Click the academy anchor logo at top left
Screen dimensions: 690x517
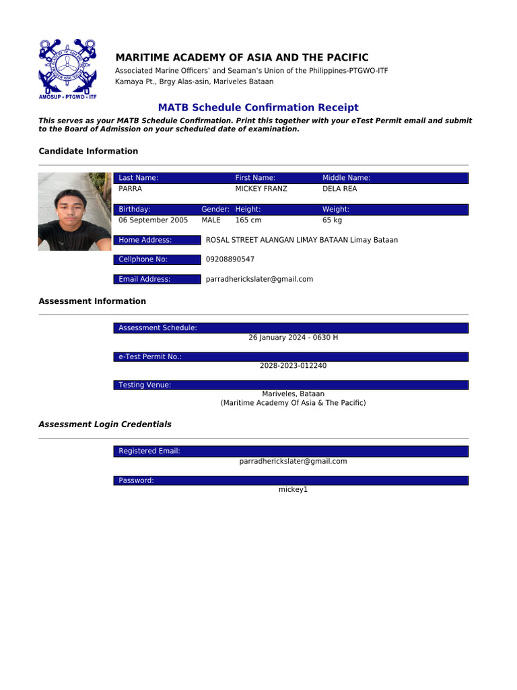pyautogui.click(x=67, y=68)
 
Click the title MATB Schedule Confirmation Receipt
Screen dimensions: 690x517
pyautogui.click(x=258, y=108)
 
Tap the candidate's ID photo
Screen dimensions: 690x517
pyautogui.click(x=75, y=212)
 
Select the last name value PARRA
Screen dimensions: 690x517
pyautogui.click(x=130, y=189)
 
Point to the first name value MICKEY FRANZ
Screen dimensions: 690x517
pyautogui.click(x=261, y=189)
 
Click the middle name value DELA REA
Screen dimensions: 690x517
pyautogui.click(x=339, y=189)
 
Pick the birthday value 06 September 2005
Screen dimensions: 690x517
pyautogui.click(x=153, y=220)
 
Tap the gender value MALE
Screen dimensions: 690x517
pyautogui.click(x=211, y=220)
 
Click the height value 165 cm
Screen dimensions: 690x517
pyautogui.click(x=248, y=220)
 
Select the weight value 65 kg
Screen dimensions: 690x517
pyautogui.click(x=332, y=220)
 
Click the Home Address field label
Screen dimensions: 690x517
pyautogui.click(x=145, y=240)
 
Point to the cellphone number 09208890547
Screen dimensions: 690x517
pyautogui.click(x=230, y=259)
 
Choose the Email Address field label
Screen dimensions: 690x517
pyautogui.click(x=144, y=279)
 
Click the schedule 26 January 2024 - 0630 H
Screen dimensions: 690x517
pyautogui.click(x=293, y=338)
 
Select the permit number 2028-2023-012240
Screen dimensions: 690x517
pyautogui.click(x=293, y=366)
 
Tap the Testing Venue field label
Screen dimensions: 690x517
pyautogui.click(x=144, y=385)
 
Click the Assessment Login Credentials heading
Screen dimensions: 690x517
pyautogui.click(x=105, y=425)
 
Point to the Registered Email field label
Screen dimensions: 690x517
pyautogui.click(x=149, y=451)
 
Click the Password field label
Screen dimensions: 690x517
pyautogui.click(x=136, y=480)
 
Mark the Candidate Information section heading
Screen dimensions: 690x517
pyautogui.click(x=88, y=152)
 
